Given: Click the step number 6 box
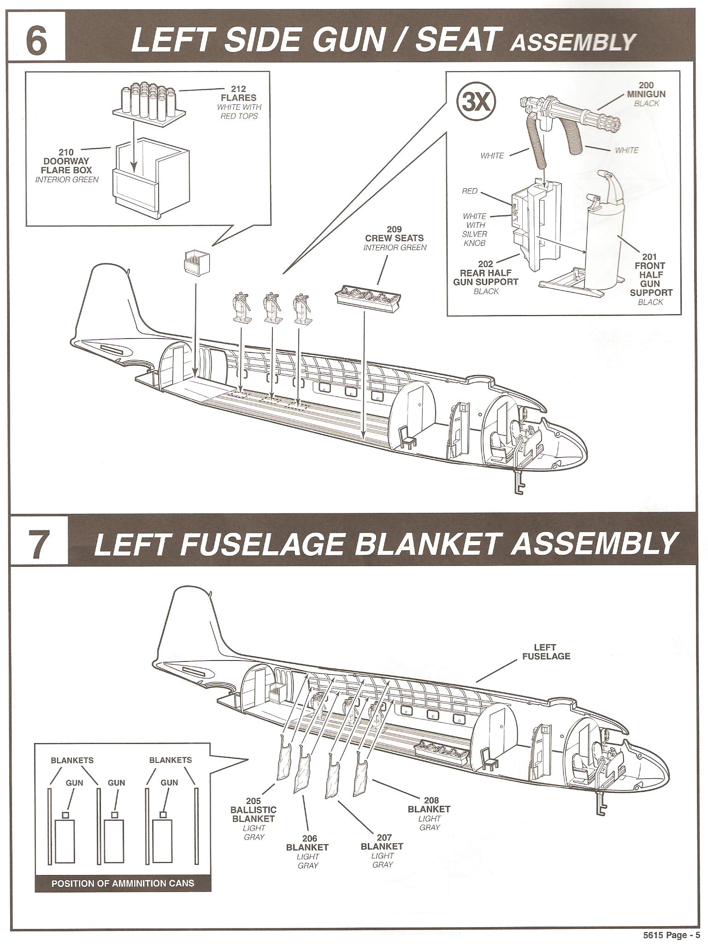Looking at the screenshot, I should pos(36,41).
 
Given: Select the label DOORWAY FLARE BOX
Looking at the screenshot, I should pos(67,165).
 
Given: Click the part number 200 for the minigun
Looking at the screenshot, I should pos(646,85).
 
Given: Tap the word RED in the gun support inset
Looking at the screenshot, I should pos(469,191).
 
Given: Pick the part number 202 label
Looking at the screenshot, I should pos(486,264).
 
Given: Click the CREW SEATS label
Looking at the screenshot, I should pos(395,238).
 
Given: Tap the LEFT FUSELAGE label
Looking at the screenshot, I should pos(545,652).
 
